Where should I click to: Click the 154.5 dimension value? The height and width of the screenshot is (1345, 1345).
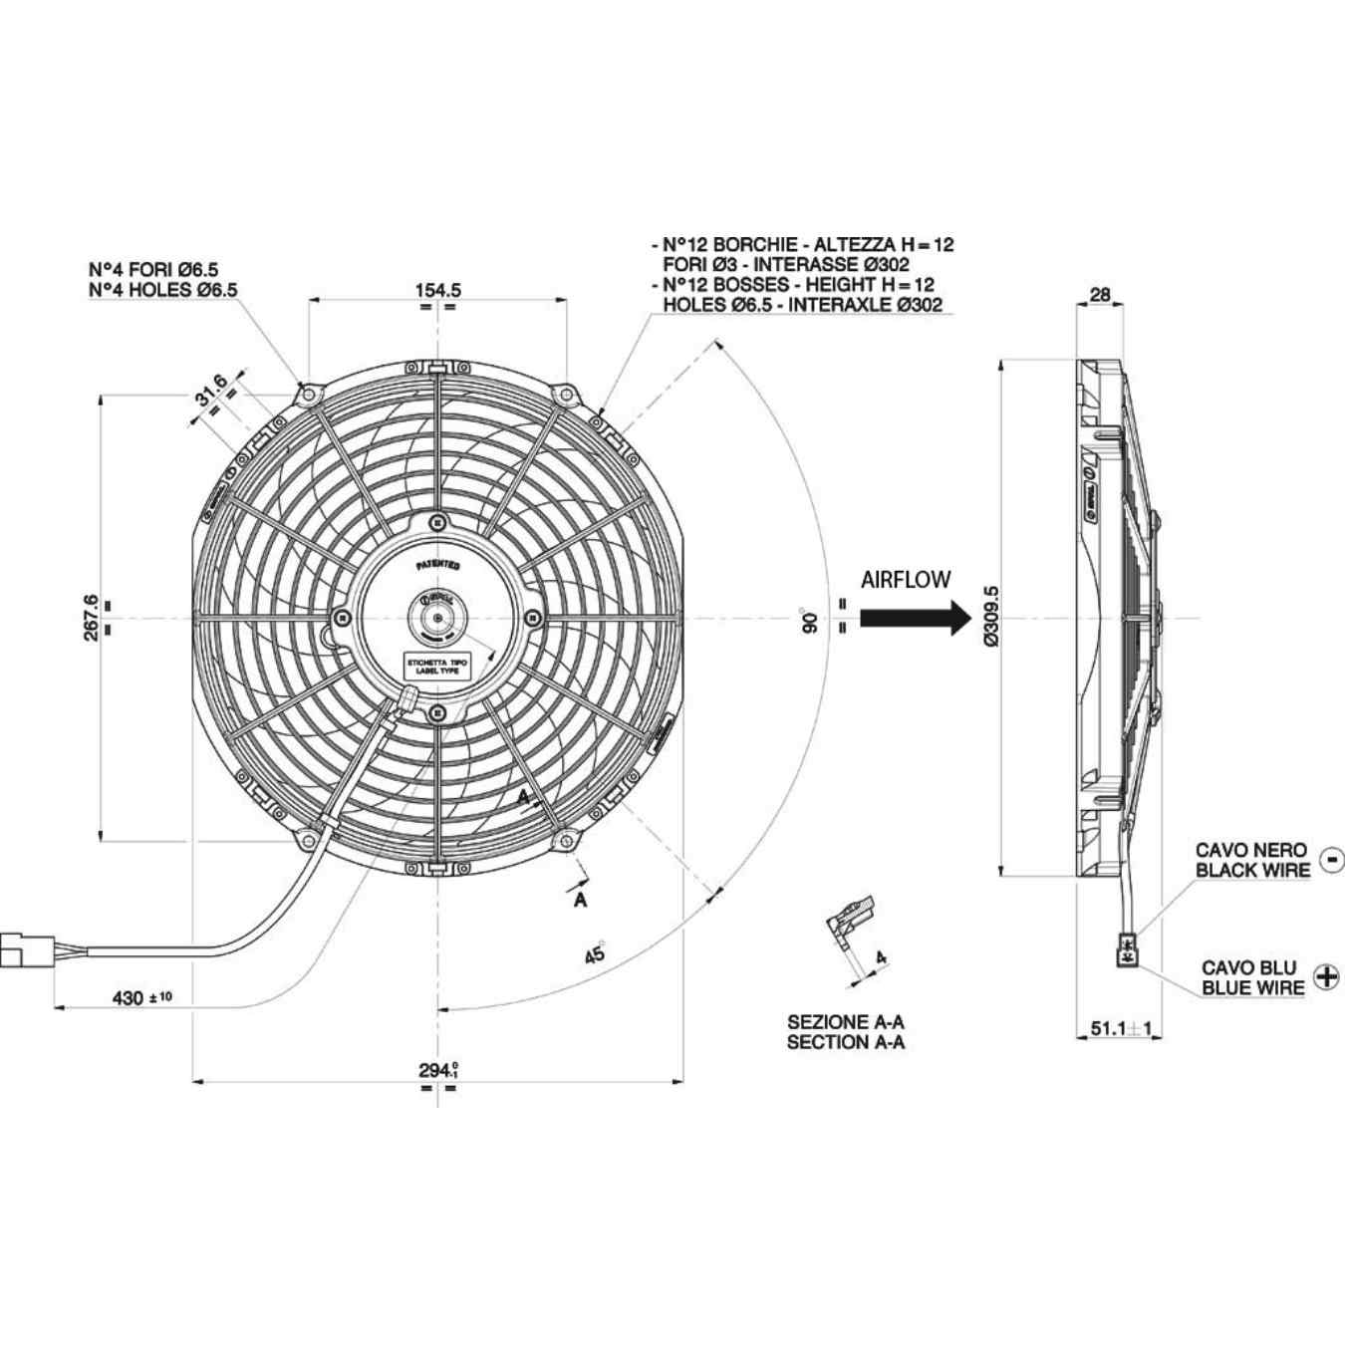[437, 290]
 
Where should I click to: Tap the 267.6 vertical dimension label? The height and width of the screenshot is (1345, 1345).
[91, 618]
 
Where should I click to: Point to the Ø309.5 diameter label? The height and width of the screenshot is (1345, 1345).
[990, 617]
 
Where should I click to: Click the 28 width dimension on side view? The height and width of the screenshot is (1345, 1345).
[1100, 294]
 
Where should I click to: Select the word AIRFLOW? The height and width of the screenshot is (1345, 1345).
[906, 579]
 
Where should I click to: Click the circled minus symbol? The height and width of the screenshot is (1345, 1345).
[1331, 859]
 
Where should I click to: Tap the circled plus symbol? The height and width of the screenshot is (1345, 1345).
[1327, 976]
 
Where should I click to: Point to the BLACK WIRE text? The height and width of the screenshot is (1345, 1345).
[1252, 870]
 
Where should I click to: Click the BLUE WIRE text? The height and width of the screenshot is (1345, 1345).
[1252, 988]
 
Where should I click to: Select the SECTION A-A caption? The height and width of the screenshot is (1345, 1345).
[846, 1042]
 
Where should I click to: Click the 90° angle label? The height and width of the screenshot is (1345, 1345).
[810, 620]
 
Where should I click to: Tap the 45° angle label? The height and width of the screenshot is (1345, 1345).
[595, 953]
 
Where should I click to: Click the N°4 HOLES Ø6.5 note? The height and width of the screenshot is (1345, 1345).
[163, 290]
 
